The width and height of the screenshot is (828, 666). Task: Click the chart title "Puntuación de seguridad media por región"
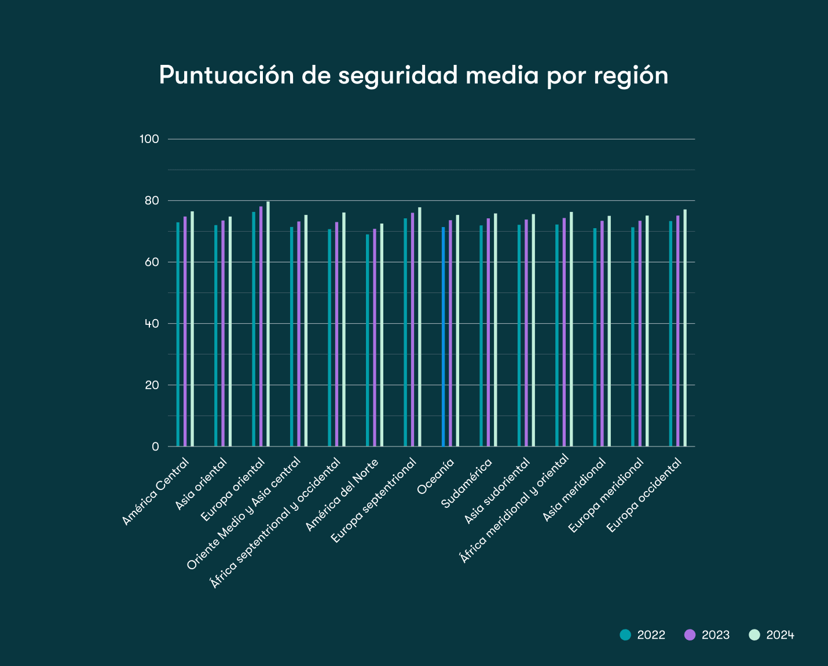413,75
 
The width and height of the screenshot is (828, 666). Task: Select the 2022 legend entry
643,635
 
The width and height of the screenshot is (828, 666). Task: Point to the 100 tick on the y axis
149,139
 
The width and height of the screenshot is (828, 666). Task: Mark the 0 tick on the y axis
155,447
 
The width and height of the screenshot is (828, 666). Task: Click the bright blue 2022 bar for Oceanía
444,336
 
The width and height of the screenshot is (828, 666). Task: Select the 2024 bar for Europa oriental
268,324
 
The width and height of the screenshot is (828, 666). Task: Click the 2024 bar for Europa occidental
685,328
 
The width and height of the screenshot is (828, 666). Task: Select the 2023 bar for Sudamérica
488,332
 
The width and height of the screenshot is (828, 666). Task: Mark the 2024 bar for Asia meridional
609,331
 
